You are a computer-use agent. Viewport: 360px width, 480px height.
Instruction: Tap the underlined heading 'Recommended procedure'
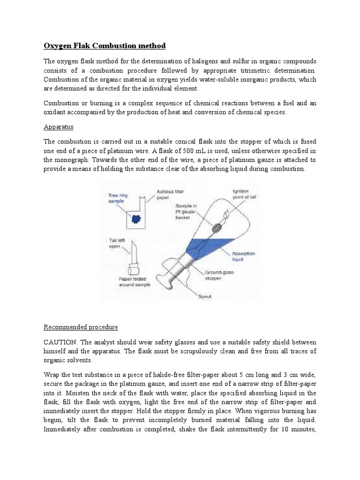click(x=81, y=326)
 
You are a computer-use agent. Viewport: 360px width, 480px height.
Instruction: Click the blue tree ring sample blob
click(x=136, y=218)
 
